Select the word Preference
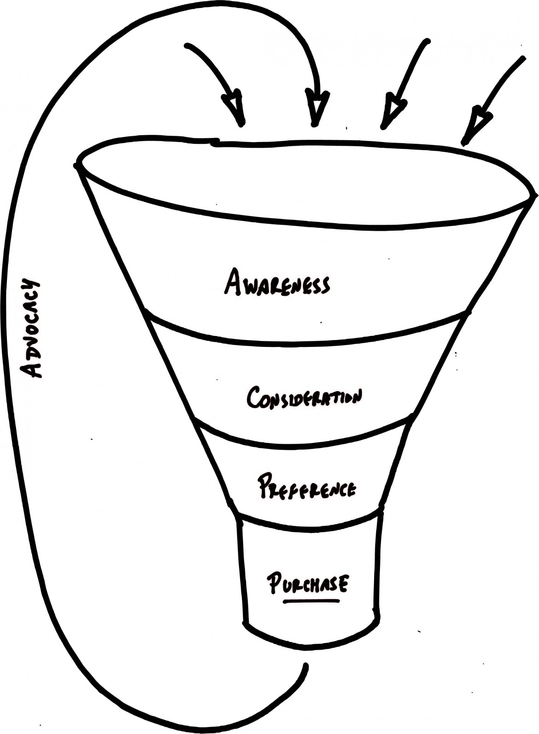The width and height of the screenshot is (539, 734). pos(306,486)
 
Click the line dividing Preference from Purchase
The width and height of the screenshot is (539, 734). pos(309,526)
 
